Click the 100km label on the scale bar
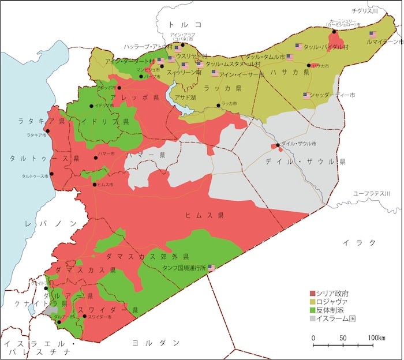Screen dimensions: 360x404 coord(376,337)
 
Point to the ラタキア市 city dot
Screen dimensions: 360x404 coord(48,130)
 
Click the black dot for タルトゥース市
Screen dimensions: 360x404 coord(51,174)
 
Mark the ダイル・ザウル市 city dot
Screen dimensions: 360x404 coord(278,145)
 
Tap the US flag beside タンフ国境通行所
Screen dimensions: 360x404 coord(212,268)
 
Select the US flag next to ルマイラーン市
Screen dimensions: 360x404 coord(373,34)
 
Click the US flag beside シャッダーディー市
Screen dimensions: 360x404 coord(306,96)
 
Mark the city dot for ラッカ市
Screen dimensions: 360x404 coord(218,105)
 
